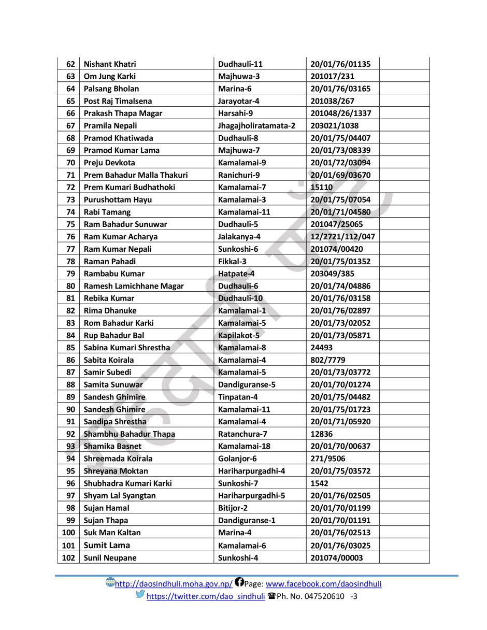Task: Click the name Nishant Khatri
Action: point(110,64)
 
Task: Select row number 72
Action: point(71,187)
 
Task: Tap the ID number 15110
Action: point(321,187)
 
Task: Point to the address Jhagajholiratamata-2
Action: point(256,125)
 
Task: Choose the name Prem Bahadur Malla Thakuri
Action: point(136,175)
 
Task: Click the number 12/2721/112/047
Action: point(342,236)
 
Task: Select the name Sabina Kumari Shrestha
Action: point(126,348)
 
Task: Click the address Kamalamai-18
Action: point(244,446)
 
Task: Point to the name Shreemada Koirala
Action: point(118,459)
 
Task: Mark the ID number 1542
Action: point(319,483)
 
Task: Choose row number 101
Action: point(68,545)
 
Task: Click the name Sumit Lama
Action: point(107,545)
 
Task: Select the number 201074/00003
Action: point(337,557)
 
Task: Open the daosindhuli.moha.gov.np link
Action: point(174,584)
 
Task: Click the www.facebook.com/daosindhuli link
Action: point(323,584)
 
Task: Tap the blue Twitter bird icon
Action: point(140,594)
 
